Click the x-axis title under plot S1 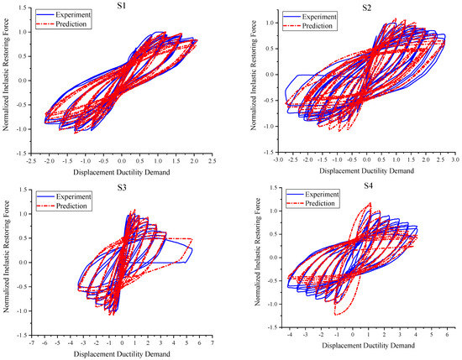[122, 172]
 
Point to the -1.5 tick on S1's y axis [21, 152]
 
